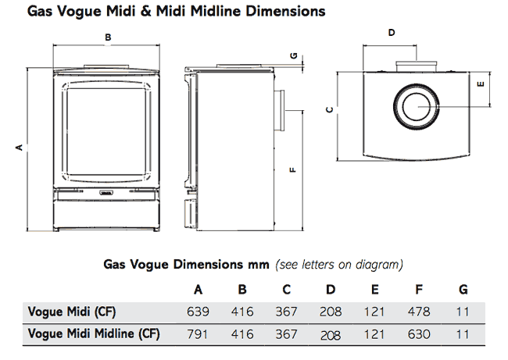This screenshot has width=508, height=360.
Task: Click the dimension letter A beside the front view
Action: coord(17,147)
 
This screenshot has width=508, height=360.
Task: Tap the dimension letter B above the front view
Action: coord(108,37)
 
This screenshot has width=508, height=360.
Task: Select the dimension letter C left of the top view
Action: coord(331,109)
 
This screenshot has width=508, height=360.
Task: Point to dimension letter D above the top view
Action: coord(392,32)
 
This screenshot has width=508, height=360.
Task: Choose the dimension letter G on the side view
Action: coord(294,56)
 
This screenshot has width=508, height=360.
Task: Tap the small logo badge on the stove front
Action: coord(108,189)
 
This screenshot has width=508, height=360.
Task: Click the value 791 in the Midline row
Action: coord(199,334)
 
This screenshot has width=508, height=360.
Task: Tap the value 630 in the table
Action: coord(420,334)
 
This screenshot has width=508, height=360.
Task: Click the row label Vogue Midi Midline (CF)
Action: coord(94,334)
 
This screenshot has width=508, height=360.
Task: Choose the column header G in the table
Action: coord(463,290)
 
